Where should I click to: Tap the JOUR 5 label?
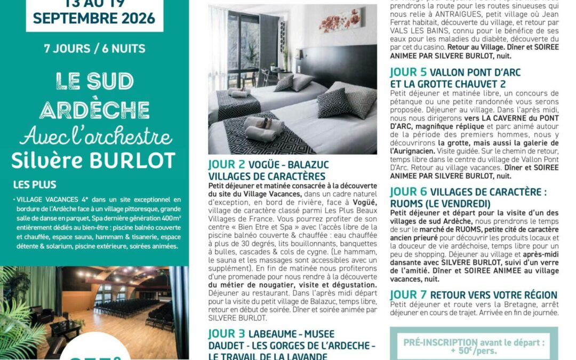408,73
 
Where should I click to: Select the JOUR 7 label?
408,295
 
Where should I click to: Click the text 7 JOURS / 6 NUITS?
94,49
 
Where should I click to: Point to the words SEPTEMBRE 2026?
94,18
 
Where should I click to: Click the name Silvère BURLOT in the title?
94,159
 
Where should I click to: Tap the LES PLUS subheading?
35,185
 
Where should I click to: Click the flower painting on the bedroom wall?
339,20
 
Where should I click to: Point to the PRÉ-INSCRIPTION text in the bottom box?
433,342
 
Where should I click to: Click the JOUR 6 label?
408,192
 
